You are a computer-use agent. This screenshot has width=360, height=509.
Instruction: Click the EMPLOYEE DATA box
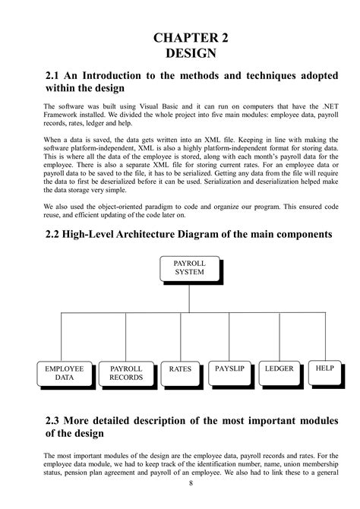(x=65, y=372)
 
